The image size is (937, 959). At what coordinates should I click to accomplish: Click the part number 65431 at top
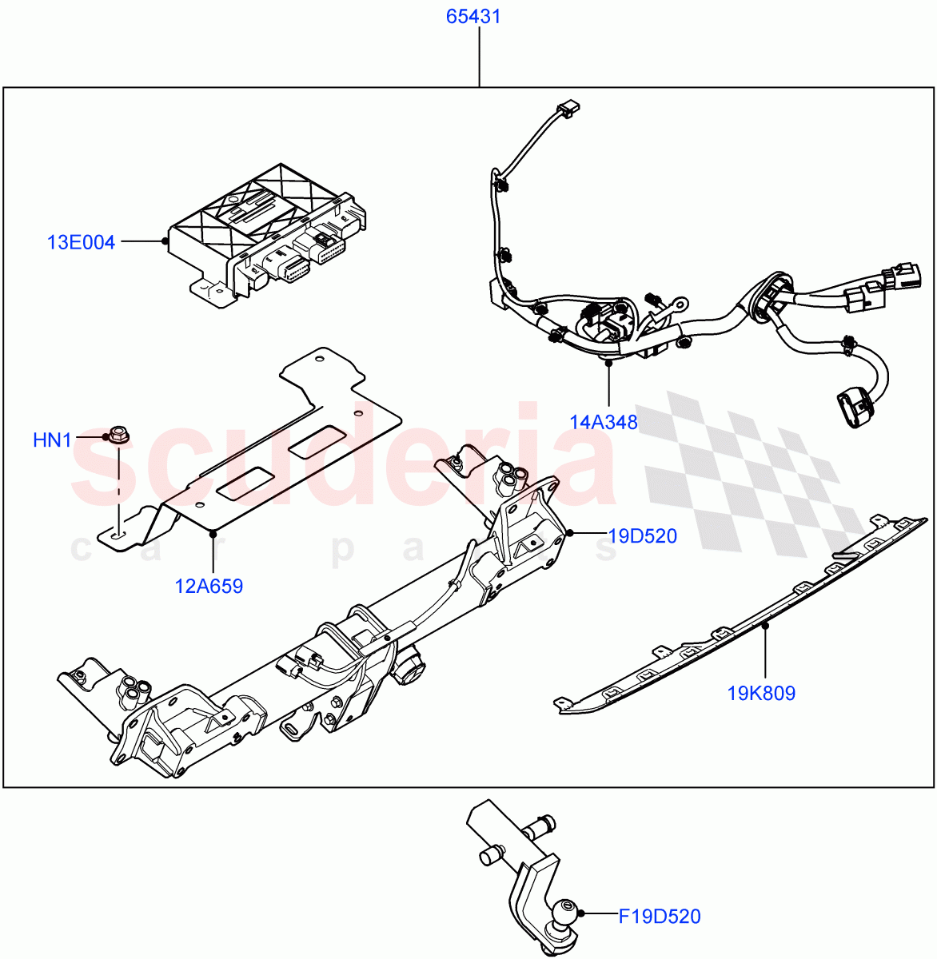coord(473,17)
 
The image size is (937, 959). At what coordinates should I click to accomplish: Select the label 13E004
coord(81,242)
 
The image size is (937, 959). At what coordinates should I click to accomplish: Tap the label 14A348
coord(604,422)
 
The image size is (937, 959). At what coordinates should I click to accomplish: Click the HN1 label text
coord(52,440)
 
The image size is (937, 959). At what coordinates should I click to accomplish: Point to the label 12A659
coord(209,586)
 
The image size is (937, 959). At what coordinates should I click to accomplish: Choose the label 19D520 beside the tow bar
coord(642,536)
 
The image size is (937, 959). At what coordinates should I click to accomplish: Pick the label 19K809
coord(761,693)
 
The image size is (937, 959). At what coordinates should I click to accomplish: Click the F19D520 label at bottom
coord(660,916)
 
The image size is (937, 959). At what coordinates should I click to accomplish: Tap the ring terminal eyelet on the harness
coord(682,303)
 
